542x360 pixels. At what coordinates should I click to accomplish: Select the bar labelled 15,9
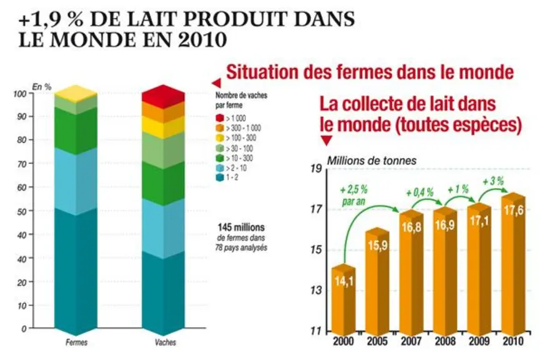pos(377,280)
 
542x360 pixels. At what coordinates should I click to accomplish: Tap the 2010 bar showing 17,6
pos(513,263)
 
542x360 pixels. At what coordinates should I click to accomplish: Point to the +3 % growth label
pos(493,181)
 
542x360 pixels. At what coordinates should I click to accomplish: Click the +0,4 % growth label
pos(420,192)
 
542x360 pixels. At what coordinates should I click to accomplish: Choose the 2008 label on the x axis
pos(445,341)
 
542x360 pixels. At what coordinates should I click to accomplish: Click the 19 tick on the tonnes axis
pos(316,169)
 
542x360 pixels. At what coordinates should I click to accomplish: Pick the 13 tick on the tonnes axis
pos(316,290)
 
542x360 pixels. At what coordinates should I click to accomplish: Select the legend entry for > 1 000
pos(230,118)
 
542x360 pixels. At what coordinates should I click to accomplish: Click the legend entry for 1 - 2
pos(227,177)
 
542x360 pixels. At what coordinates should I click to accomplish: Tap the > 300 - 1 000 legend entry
pos(238,128)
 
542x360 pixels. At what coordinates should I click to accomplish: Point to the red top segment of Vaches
pos(163,94)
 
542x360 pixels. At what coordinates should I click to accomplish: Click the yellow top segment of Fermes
pos(76,92)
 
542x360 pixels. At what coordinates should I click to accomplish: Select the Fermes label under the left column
pos(76,342)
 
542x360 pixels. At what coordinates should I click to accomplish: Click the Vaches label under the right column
pos(165,342)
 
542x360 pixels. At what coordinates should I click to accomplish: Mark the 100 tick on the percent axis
pos(20,94)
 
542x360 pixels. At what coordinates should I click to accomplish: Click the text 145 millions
pos(241,227)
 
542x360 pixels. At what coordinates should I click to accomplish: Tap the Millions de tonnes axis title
pos(372,161)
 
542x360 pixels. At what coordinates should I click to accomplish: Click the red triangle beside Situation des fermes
pos(216,83)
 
